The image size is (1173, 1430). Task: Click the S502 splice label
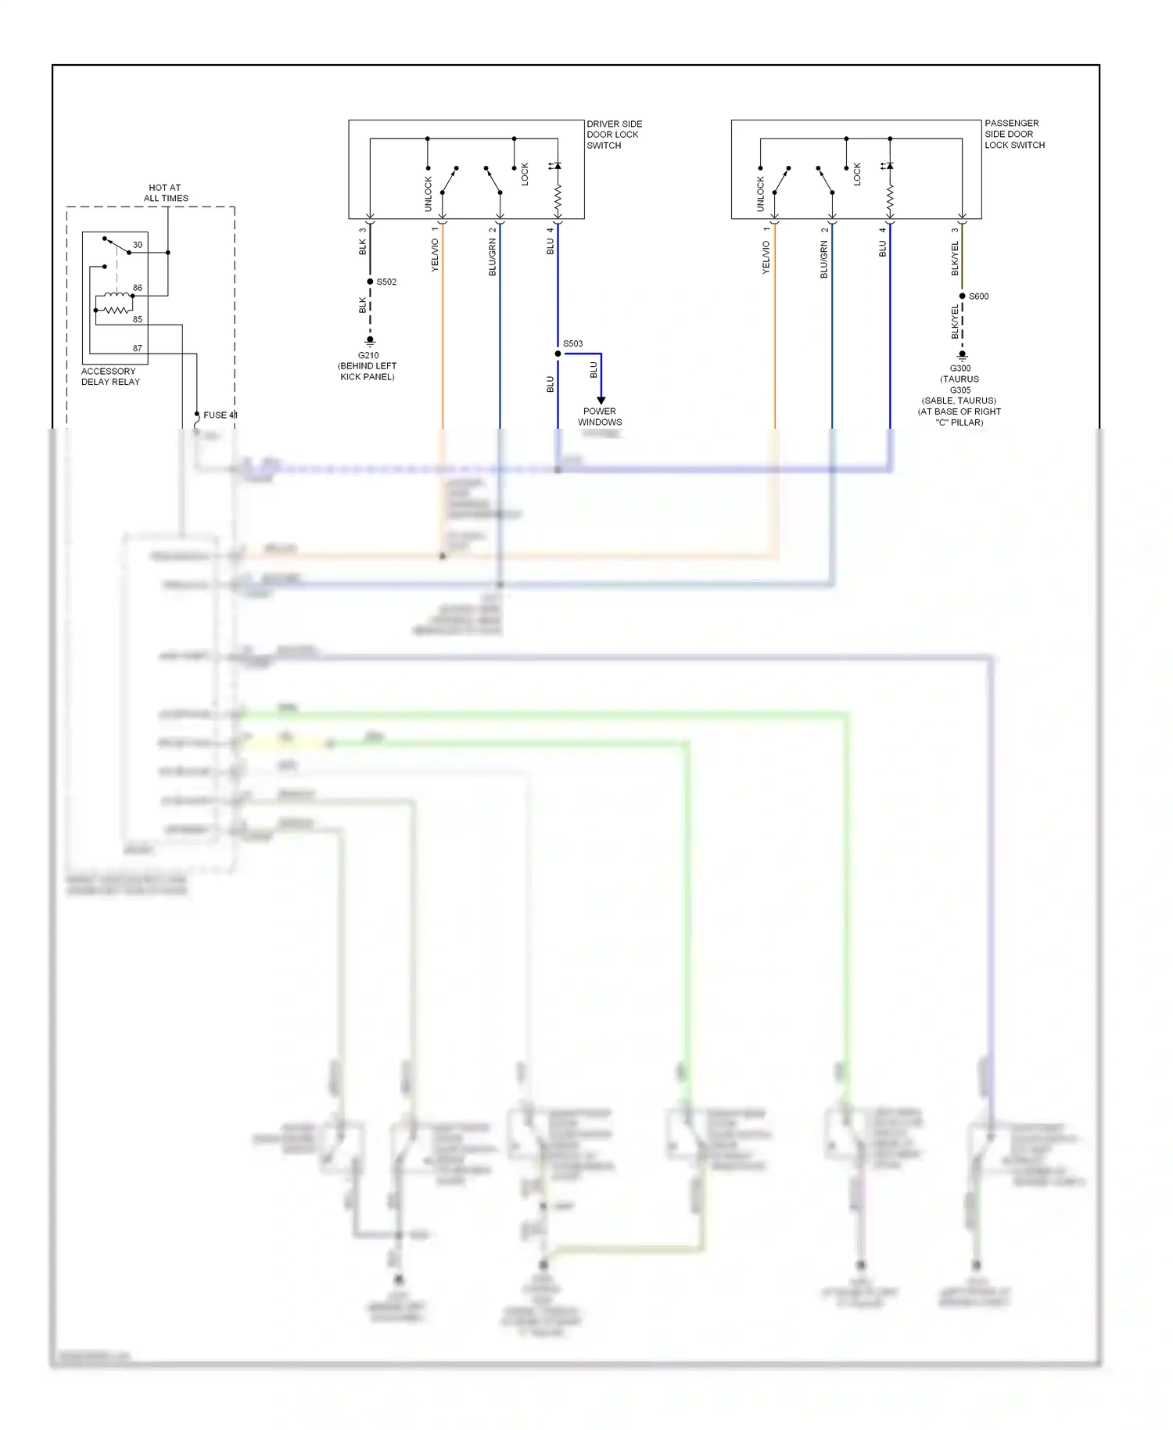click(x=386, y=282)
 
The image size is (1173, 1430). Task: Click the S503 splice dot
click(x=558, y=354)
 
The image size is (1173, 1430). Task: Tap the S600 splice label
click(x=978, y=296)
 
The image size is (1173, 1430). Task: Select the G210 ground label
click(x=368, y=355)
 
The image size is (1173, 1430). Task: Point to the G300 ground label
click(x=960, y=368)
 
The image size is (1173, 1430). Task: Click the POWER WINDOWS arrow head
click(x=601, y=401)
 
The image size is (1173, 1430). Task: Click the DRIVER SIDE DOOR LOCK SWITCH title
click(x=614, y=135)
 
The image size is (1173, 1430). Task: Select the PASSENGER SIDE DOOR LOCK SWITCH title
click(x=1014, y=134)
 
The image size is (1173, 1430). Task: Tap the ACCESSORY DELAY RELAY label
click(x=110, y=376)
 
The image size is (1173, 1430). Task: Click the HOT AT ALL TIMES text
click(x=166, y=192)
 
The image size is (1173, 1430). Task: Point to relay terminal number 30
click(x=138, y=245)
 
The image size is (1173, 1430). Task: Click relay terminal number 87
click(x=138, y=348)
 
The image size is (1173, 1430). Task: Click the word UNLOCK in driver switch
click(x=428, y=193)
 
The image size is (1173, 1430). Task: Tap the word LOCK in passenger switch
click(x=857, y=174)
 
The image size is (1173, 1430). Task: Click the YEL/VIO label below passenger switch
click(x=766, y=257)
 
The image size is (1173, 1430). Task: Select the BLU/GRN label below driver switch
click(x=493, y=257)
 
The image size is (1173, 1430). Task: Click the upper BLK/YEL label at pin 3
click(x=955, y=258)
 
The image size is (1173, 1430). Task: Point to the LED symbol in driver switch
click(x=557, y=166)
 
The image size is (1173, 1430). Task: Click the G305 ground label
click(x=960, y=390)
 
